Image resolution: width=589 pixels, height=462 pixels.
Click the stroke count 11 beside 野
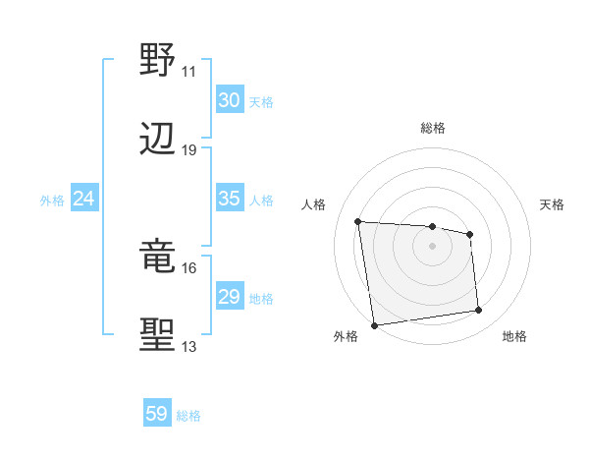189,72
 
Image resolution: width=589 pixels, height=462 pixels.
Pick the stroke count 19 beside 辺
189,150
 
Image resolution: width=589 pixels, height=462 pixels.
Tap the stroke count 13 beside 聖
189,347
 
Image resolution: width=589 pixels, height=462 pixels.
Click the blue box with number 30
230,100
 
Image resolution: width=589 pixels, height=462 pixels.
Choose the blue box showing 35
230,199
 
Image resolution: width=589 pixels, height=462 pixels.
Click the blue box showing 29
230,297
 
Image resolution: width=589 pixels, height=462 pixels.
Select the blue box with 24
84,199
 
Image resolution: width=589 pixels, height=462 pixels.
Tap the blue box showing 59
157,414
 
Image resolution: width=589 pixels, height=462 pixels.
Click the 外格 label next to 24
52,200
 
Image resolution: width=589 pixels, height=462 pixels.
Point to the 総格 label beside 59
188,416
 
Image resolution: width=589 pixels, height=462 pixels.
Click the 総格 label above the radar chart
433,128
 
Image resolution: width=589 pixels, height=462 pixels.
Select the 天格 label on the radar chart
552,204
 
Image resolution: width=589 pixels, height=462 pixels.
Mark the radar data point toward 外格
374,324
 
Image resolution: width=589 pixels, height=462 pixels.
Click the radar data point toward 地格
479,311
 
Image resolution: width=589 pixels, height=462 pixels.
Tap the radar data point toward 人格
357,221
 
